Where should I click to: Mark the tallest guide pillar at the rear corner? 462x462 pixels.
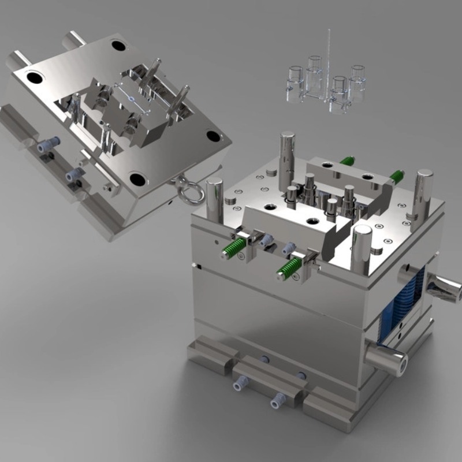(287, 155)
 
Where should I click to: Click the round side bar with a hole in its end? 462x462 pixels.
(388, 359)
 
